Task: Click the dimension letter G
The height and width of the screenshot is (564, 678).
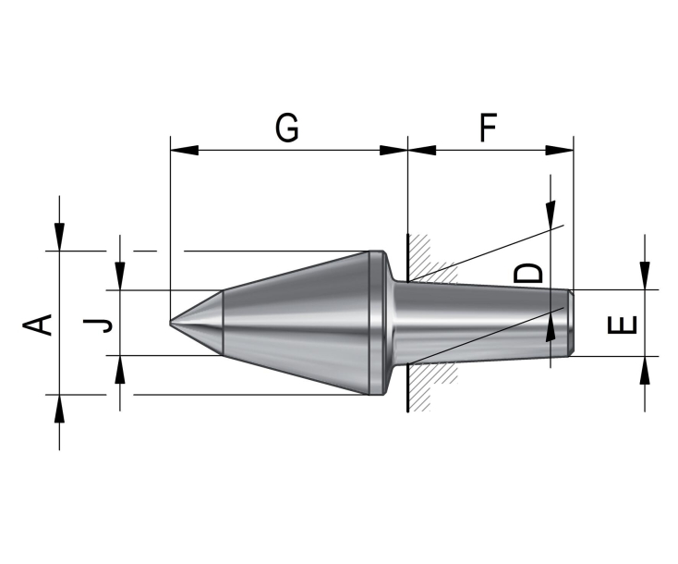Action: (286, 128)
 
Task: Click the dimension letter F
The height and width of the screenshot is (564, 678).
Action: (488, 128)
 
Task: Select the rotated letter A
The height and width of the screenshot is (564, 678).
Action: (38, 325)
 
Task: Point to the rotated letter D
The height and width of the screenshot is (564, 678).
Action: (528, 273)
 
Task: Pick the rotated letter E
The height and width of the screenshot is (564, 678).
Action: (623, 325)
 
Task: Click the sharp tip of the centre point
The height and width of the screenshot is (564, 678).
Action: (170, 323)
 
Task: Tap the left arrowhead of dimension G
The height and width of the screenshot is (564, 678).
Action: (184, 150)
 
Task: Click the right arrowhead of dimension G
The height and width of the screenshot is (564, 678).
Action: (393, 150)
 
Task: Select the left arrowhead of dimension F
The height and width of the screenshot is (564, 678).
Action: (422, 150)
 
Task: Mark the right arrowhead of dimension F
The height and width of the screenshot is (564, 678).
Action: (559, 150)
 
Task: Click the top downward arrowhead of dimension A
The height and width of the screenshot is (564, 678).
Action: (59, 237)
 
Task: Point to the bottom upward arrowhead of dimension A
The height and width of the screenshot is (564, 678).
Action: (59, 408)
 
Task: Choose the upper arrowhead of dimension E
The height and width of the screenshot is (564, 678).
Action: (645, 276)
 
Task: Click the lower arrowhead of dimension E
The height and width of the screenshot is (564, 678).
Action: (645, 370)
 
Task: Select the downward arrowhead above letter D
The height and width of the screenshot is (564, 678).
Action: (551, 215)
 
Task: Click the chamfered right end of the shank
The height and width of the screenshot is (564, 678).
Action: (571, 323)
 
